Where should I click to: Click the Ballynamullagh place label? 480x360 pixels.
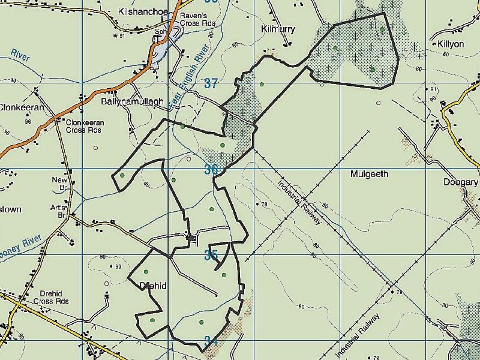click(124, 102)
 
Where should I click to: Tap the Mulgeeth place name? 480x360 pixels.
click(369, 174)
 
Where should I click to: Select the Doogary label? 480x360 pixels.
click(460, 182)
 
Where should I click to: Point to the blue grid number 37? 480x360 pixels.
click(210, 83)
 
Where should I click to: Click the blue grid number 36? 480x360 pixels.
click(210, 169)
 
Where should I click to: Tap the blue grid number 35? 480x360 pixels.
click(211, 255)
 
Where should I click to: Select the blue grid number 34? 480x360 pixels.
click(211, 341)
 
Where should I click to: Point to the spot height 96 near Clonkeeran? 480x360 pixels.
click(28, 122)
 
